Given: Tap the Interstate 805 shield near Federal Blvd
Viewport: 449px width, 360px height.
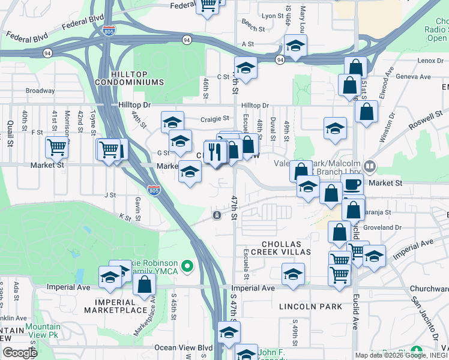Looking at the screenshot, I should coord(109,30).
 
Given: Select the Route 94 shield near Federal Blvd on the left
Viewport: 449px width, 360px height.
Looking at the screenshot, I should coord(46,53).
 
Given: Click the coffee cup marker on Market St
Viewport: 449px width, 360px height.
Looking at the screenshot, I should coord(352,184).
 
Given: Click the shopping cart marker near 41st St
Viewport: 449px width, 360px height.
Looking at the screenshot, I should coord(56,146).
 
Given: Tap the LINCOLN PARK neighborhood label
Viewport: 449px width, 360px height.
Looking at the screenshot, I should coord(310,307).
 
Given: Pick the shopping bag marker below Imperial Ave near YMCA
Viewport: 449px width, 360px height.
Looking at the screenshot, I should coord(145,284).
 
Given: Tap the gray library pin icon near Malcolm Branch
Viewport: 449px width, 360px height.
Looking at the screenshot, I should coord(370,166).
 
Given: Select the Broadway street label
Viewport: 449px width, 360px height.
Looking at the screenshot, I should coord(40,91).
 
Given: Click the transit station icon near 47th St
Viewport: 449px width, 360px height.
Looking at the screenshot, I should coord(216,215).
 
